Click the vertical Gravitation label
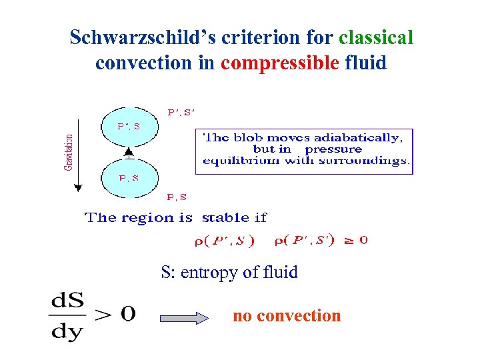click(x=69, y=152)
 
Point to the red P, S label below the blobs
click(x=176, y=197)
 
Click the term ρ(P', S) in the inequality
click(x=224, y=242)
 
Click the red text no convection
click(x=287, y=315)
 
